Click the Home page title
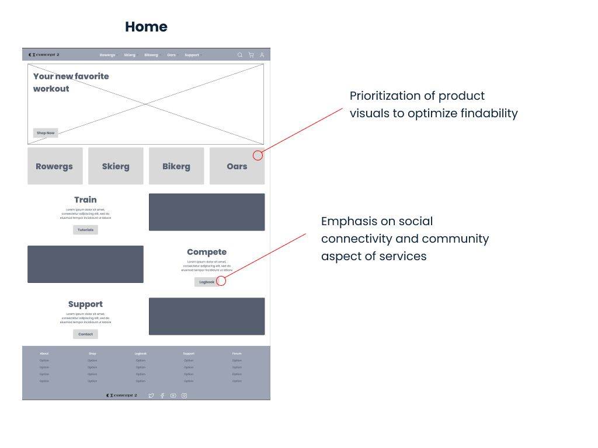146,27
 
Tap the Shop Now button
46,133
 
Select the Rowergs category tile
54,166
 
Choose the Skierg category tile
116,166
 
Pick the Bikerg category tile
176,166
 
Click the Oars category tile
237,166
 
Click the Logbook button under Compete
207,282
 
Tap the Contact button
85,334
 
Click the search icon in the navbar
239,55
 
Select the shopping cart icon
251,55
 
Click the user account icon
262,55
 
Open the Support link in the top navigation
192,55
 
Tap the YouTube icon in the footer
173,395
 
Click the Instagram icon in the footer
184,395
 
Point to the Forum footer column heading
237,353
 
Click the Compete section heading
207,252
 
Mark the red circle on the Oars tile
258,155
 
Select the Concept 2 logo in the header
44,55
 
